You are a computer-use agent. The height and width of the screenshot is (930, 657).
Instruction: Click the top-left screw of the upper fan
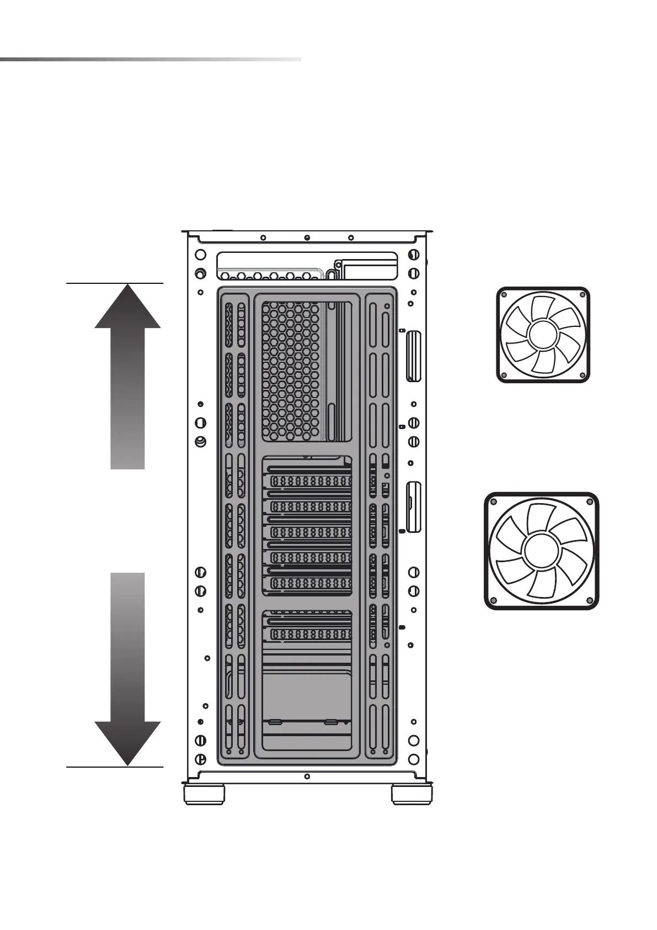click(x=504, y=295)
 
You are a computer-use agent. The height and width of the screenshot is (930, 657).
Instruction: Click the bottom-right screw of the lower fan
click(x=590, y=600)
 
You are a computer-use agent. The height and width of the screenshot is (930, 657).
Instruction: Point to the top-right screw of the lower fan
click(x=590, y=502)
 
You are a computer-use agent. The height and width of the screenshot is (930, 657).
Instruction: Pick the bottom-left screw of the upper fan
click(x=504, y=376)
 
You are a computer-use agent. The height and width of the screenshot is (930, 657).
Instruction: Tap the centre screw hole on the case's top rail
click(x=307, y=238)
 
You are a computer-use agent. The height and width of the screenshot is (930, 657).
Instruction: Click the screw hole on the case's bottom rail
click(x=307, y=776)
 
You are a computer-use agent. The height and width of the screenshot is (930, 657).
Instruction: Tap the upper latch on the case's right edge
click(x=413, y=356)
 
